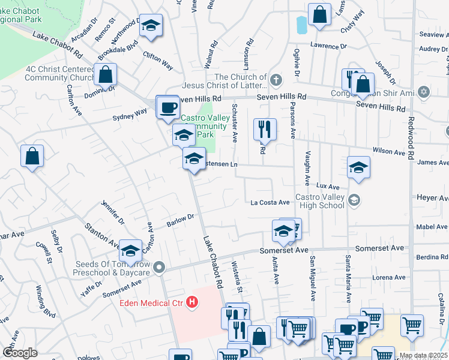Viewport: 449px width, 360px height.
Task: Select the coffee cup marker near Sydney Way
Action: (167, 107)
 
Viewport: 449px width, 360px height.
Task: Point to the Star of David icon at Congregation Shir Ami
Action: (424, 92)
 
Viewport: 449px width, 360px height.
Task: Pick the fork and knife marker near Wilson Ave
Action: (264, 128)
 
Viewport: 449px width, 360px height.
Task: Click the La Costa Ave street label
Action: (270, 202)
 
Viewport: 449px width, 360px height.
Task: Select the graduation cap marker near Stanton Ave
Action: (130, 251)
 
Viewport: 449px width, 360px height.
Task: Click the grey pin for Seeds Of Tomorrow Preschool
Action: (158, 266)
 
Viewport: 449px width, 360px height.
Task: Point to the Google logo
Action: (20, 353)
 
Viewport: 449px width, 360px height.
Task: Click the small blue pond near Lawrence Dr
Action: (301, 25)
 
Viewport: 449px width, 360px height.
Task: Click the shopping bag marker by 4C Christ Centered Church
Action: (105, 75)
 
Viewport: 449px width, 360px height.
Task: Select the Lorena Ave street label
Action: (389, 278)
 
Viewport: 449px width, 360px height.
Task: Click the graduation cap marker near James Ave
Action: (358, 167)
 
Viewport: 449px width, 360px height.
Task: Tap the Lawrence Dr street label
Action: (328, 46)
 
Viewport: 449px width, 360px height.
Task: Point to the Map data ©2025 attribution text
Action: (423, 355)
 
